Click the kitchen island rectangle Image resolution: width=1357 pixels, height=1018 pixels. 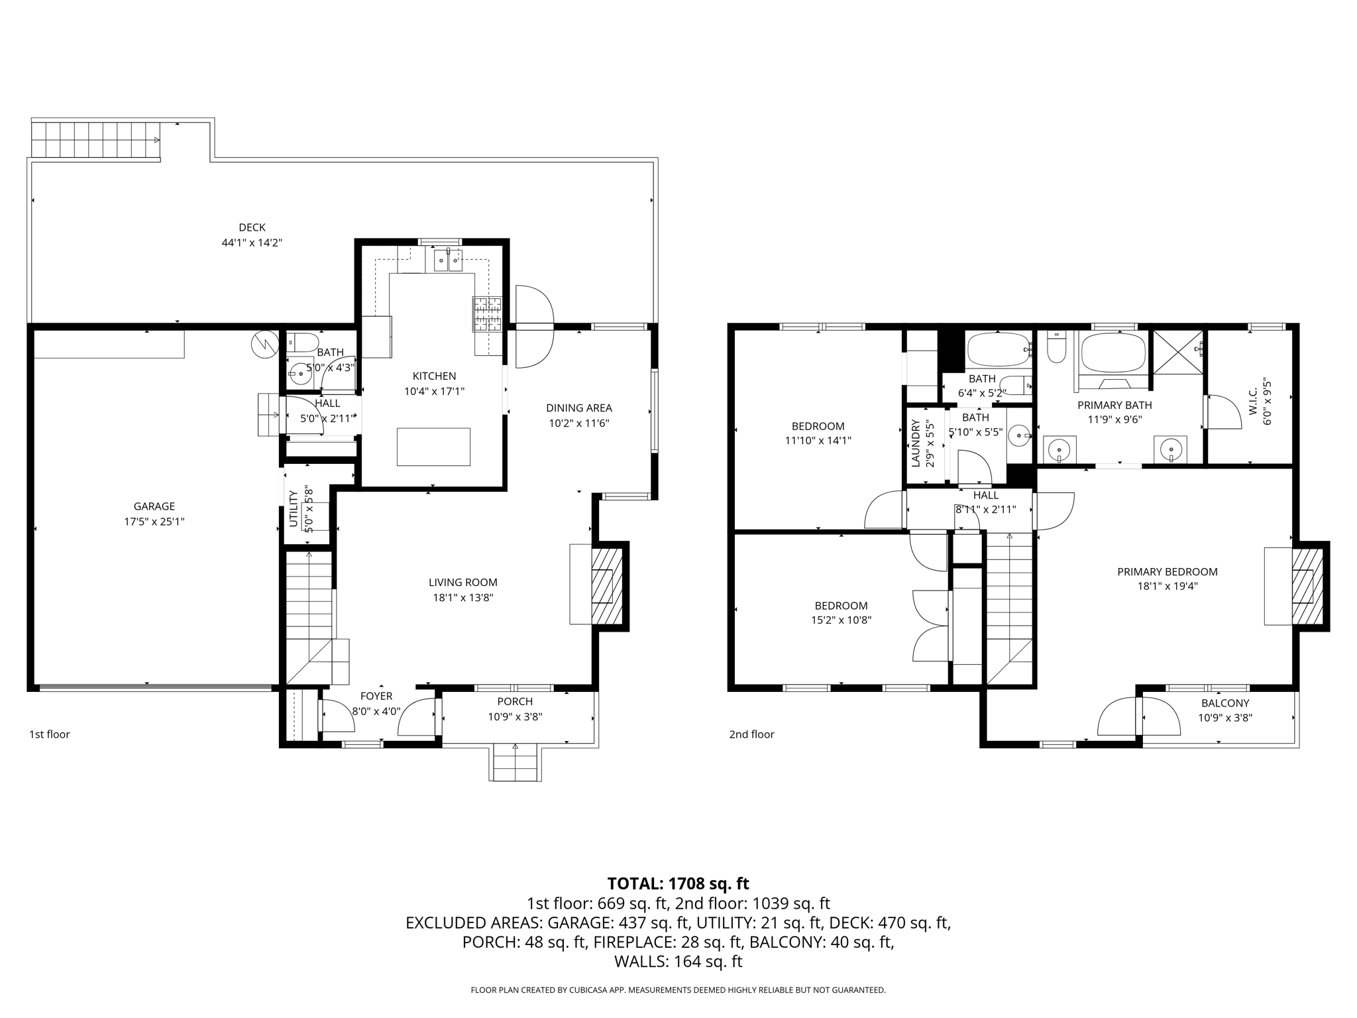coord(433,447)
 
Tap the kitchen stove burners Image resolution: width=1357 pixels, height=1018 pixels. coord(487,313)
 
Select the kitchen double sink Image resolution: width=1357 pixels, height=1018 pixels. coord(449,260)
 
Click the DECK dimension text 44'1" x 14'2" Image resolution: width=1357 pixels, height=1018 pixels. coord(252,243)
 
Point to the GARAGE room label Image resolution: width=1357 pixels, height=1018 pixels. coord(154,506)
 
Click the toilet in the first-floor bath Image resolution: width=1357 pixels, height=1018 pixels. coord(305,342)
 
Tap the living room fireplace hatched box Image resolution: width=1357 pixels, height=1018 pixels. coord(606,585)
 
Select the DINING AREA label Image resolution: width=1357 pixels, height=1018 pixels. coord(578,408)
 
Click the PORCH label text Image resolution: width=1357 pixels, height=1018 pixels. coord(515,702)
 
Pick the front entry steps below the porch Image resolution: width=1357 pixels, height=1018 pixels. coord(516,763)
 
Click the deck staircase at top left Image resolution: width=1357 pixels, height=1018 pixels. coord(95,141)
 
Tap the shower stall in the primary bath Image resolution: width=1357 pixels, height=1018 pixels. coord(1178,352)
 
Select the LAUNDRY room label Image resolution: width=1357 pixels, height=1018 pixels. coord(916,443)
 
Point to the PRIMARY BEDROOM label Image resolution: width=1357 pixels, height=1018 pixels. coord(1167,572)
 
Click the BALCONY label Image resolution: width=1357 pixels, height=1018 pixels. coord(1224,703)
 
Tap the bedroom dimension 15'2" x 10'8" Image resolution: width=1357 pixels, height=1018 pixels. coord(841,620)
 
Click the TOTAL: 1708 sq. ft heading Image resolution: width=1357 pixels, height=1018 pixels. coord(678,883)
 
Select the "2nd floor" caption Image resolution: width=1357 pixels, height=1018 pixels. coord(751,734)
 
